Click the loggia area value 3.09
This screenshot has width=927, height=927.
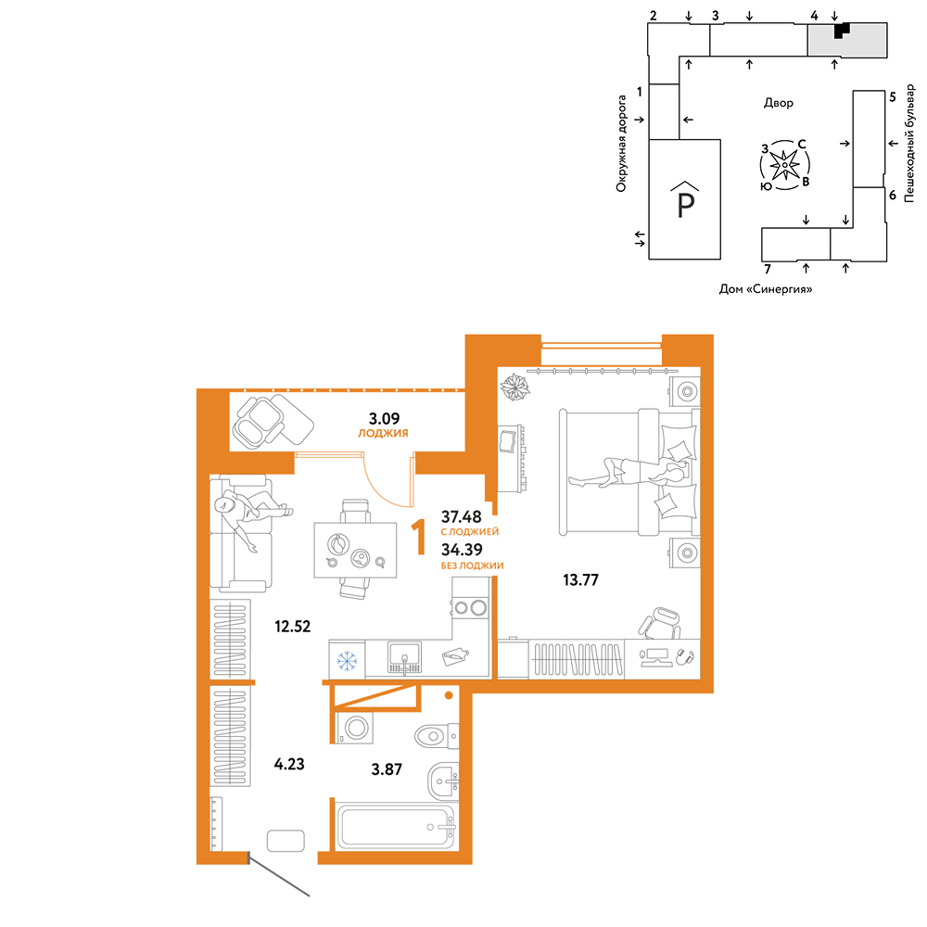click(x=385, y=419)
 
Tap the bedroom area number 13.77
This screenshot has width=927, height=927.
click(x=580, y=580)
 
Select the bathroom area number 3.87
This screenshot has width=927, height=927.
click(x=387, y=769)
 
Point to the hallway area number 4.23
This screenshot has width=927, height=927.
click(x=289, y=764)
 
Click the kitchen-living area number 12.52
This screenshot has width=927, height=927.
click(x=293, y=626)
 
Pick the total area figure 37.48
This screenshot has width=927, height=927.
click(x=462, y=516)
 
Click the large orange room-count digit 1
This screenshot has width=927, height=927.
click(x=419, y=537)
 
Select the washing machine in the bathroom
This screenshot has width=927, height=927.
click(x=355, y=728)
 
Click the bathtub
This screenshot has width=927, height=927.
click(x=396, y=827)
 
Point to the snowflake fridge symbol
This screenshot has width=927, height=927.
click(x=347, y=660)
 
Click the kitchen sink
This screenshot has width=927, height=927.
click(x=405, y=658)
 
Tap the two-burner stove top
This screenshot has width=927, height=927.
click(x=471, y=607)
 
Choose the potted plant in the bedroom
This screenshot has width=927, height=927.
click(x=514, y=387)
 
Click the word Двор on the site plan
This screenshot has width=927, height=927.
click(x=779, y=103)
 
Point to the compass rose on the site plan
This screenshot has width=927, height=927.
click(x=785, y=165)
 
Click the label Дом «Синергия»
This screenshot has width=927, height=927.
click(x=766, y=289)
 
